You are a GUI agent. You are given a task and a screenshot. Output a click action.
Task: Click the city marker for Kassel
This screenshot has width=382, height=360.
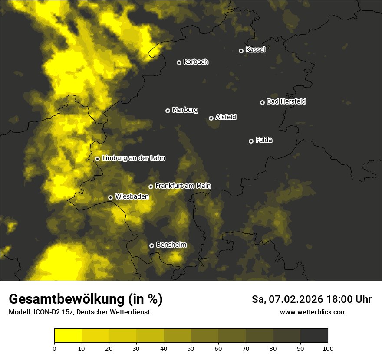241,51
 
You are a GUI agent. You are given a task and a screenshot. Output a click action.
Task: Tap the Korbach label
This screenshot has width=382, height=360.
196,62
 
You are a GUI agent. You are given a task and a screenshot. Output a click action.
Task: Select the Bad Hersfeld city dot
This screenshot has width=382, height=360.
262,102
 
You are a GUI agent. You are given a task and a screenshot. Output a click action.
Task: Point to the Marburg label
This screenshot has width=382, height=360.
185,110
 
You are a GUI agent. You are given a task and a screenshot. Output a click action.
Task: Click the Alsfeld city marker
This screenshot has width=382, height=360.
211,118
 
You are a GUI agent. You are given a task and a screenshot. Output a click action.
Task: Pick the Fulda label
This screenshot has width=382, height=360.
264,140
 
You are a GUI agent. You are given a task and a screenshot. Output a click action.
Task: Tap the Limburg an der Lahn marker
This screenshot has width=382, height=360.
97,159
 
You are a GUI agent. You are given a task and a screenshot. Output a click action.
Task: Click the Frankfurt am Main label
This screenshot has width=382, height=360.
183,186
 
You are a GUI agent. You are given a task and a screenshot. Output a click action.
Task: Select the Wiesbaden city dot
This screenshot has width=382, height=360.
110,197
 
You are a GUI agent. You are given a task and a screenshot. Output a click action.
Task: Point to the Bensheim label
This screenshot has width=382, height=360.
171,245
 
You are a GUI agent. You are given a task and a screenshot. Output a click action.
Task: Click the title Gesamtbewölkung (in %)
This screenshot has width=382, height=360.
86,299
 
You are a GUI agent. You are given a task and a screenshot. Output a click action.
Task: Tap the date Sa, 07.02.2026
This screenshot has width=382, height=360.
288,299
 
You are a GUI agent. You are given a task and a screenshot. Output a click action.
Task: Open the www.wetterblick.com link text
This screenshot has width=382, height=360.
313,312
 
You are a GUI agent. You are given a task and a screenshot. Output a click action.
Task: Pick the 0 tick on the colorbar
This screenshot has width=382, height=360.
54,348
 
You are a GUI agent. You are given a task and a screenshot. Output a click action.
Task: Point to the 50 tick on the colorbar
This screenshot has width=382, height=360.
191,348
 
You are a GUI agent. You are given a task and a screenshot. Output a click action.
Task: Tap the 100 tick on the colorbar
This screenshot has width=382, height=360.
328,348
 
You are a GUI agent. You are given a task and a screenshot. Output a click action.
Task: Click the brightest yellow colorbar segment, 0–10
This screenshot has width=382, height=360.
68,335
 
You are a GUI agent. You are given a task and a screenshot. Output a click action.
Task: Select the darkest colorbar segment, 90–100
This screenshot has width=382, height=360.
314,335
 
